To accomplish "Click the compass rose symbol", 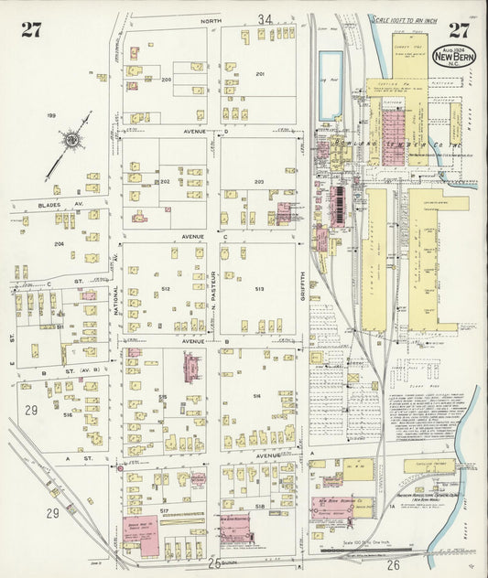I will pyautogui.click(x=70, y=141).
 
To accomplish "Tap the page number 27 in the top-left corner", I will pyautogui.click(x=32, y=29).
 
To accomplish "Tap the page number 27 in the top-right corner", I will pyautogui.click(x=458, y=29).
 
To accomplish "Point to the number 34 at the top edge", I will pyautogui.click(x=266, y=19).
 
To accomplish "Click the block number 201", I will pyautogui.click(x=260, y=74).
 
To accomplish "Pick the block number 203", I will pyautogui.click(x=259, y=182).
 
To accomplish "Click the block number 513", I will pyautogui.click(x=259, y=289).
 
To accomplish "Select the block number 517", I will pyautogui.click(x=165, y=508).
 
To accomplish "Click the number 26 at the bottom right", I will pyautogui.click(x=394, y=565).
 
